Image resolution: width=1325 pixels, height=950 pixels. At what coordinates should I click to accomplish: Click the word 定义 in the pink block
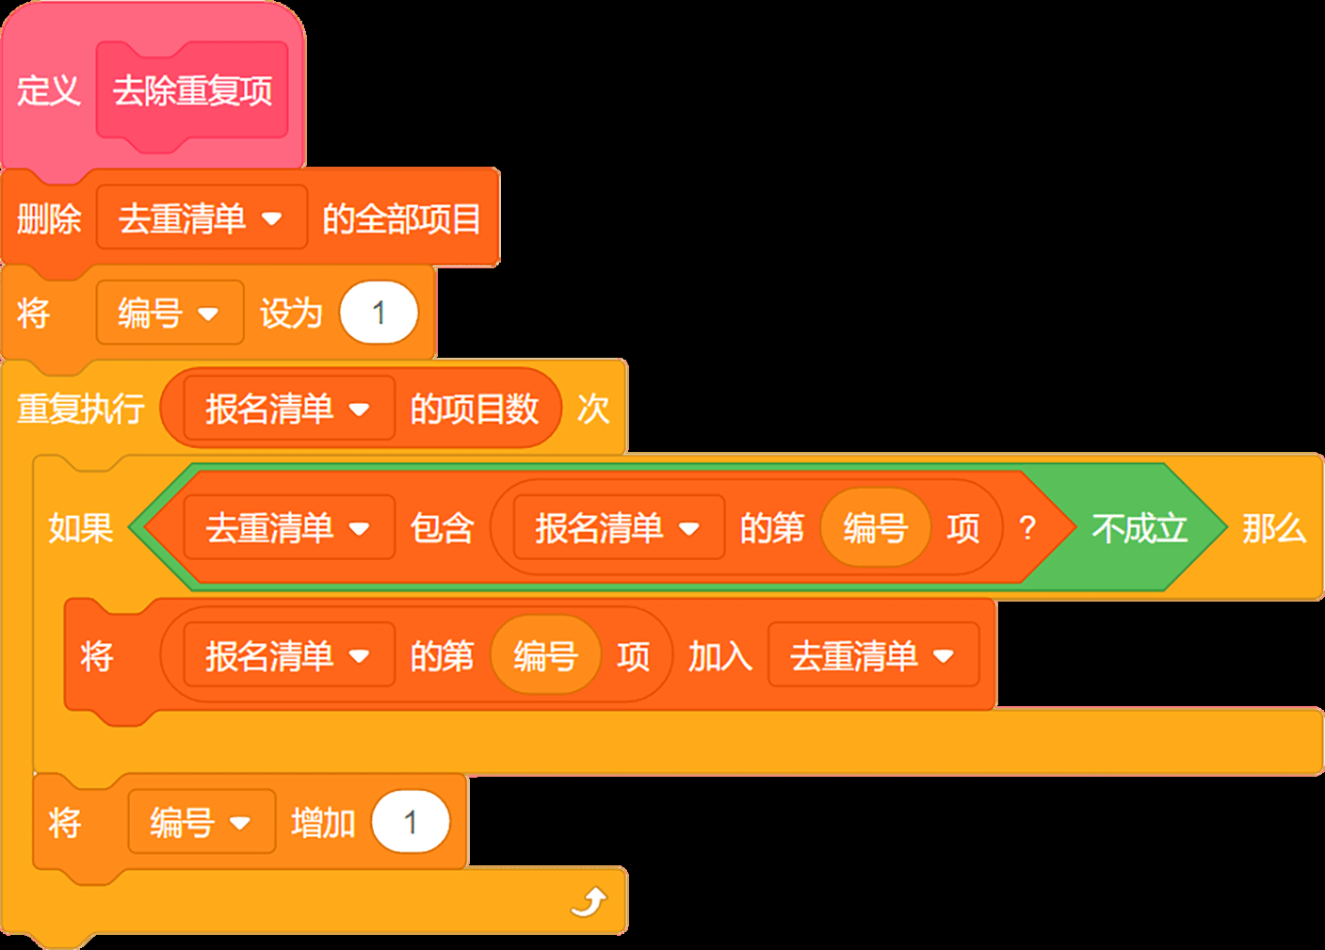click(49, 91)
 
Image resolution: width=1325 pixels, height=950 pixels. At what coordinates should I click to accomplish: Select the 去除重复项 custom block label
click(193, 91)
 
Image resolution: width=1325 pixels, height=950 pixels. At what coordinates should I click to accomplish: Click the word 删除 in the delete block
click(49, 218)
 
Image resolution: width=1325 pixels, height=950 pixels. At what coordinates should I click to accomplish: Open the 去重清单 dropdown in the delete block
click(202, 217)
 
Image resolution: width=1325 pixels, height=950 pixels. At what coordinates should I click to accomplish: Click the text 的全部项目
click(401, 218)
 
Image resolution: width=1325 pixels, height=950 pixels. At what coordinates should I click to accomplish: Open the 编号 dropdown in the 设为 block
click(170, 313)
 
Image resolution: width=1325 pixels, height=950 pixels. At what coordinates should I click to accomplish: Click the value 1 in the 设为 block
click(379, 313)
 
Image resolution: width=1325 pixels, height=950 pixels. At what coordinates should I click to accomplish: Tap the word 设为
click(291, 313)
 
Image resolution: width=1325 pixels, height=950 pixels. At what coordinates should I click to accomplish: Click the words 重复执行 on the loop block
click(80, 409)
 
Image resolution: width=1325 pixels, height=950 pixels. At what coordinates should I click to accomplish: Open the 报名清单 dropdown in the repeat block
click(289, 409)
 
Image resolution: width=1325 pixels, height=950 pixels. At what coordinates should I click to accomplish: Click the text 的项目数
click(475, 409)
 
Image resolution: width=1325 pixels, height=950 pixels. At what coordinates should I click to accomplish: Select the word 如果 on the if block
click(80, 527)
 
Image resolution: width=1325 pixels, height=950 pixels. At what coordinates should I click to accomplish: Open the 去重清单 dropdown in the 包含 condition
click(289, 527)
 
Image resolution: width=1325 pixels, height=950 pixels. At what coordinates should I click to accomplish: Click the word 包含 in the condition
click(443, 527)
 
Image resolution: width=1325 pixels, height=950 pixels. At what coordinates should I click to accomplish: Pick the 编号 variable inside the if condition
click(876, 527)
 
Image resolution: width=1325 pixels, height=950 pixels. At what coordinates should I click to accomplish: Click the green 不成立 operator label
click(1139, 527)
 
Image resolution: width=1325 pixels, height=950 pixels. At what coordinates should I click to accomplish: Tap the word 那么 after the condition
click(1274, 527)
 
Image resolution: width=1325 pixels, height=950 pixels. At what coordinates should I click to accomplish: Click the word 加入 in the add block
click(720, 656)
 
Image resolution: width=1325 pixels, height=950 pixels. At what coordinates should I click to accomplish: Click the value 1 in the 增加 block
click(411, 822)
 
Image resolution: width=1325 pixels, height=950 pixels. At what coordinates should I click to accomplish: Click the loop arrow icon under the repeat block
click(590, 901)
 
